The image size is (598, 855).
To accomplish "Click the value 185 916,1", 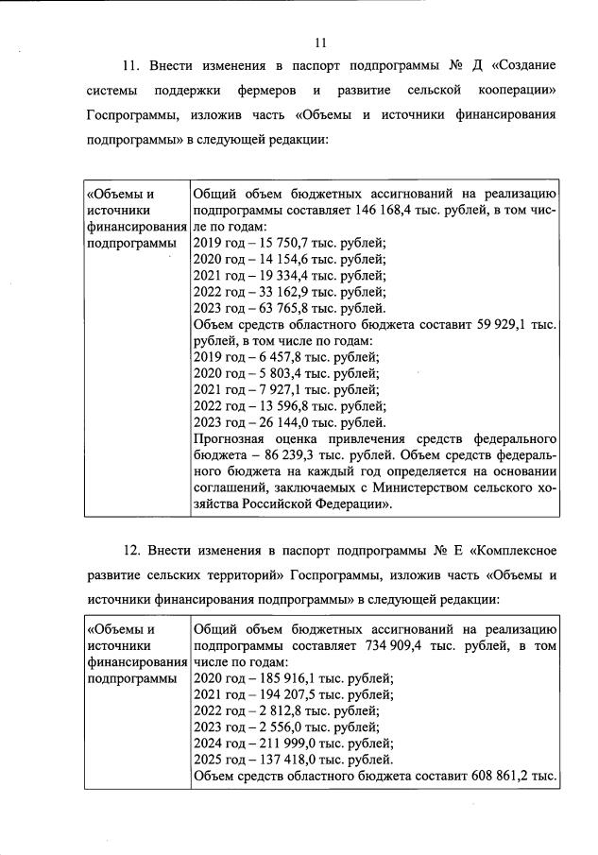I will [x=291, y=678].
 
